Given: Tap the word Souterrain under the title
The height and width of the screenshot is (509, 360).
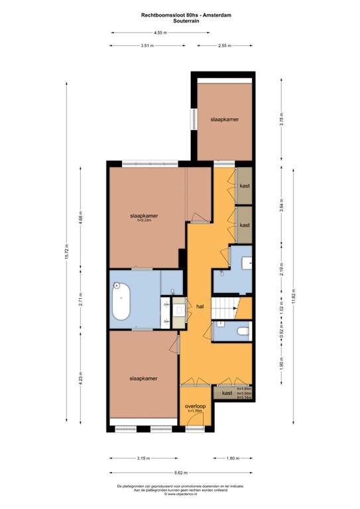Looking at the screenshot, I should [180, 21].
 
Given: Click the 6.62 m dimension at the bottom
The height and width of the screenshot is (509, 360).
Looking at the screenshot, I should [180, 473].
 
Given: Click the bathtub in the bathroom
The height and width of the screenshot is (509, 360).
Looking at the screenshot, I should [121, 302].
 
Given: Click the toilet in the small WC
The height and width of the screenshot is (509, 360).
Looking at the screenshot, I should [242, 331].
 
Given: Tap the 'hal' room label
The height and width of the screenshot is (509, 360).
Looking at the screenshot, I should [200, 307].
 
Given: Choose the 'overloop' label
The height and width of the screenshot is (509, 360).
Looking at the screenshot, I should [195, 406].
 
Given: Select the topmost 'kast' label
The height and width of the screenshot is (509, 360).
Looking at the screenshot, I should [244, 186].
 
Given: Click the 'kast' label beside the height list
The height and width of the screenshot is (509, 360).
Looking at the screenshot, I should [227, 393].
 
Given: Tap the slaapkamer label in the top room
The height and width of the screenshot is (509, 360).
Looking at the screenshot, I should [224, 119].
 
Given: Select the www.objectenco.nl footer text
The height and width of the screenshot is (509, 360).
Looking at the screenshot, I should [180, 494].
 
